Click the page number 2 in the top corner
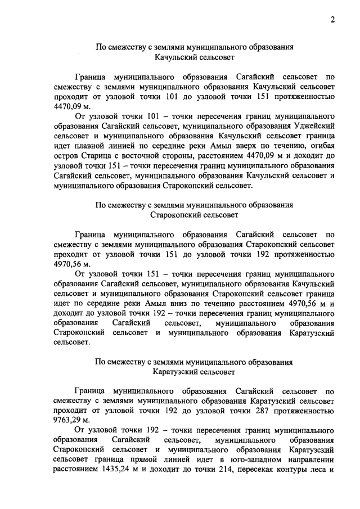tap(332, 21)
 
